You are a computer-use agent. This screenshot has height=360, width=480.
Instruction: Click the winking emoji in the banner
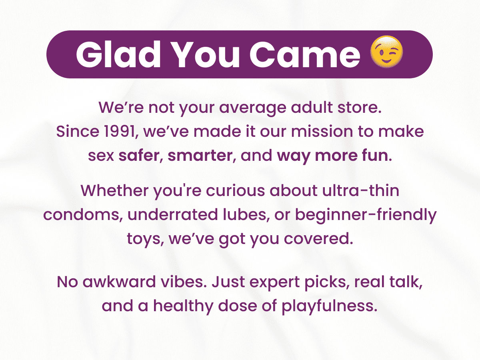click(x=386, y=52)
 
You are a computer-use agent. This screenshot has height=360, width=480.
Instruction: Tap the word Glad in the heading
click(x=118, y=54)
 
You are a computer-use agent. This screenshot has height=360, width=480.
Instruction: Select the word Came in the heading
click(x=305, y=54)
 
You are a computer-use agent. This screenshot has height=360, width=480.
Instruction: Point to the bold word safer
click(x=139, y=156)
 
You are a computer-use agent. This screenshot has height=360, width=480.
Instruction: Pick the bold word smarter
click(x=200, y=156)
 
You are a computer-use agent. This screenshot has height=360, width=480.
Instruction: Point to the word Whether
click(x=114, y=190)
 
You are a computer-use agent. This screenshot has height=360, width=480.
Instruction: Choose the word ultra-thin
click(x=361, y=190)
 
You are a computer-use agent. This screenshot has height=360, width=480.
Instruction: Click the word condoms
click(x=81, y=214)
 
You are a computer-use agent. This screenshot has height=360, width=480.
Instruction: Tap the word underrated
click(x=173, y=214)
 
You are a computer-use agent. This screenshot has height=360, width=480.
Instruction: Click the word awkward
click(x=119, y=282)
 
